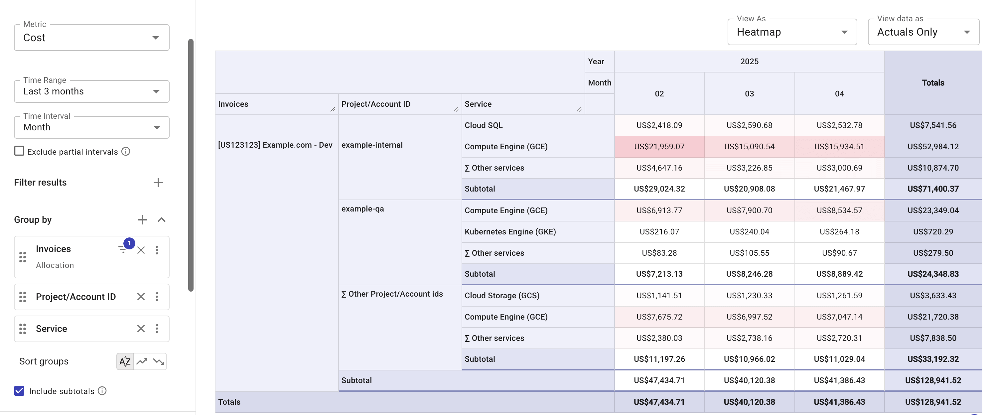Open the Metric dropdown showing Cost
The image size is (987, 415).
(x=91, y=38)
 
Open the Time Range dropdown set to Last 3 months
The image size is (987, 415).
(x=91, y=91)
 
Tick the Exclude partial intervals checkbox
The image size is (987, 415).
(x=19, y=151)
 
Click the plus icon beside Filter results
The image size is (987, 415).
(x=158, y=183)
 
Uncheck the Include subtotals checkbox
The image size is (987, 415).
(x=19, y=390)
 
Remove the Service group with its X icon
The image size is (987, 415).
(x=141, y=329)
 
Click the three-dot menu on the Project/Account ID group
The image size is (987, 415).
(x=157, y=297)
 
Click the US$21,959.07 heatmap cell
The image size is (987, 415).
(x=659, y=146)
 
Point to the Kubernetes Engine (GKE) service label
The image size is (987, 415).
(x=510, y=231)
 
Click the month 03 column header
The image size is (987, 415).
(x=749, y=93)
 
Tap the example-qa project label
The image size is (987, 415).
(x=362, y=209)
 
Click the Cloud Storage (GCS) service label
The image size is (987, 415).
(x=502, y=295)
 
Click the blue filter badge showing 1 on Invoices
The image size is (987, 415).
(x=129, y=243)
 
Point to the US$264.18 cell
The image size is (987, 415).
(x=839, y=231)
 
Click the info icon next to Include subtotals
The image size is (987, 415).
(x=102, y=390)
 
